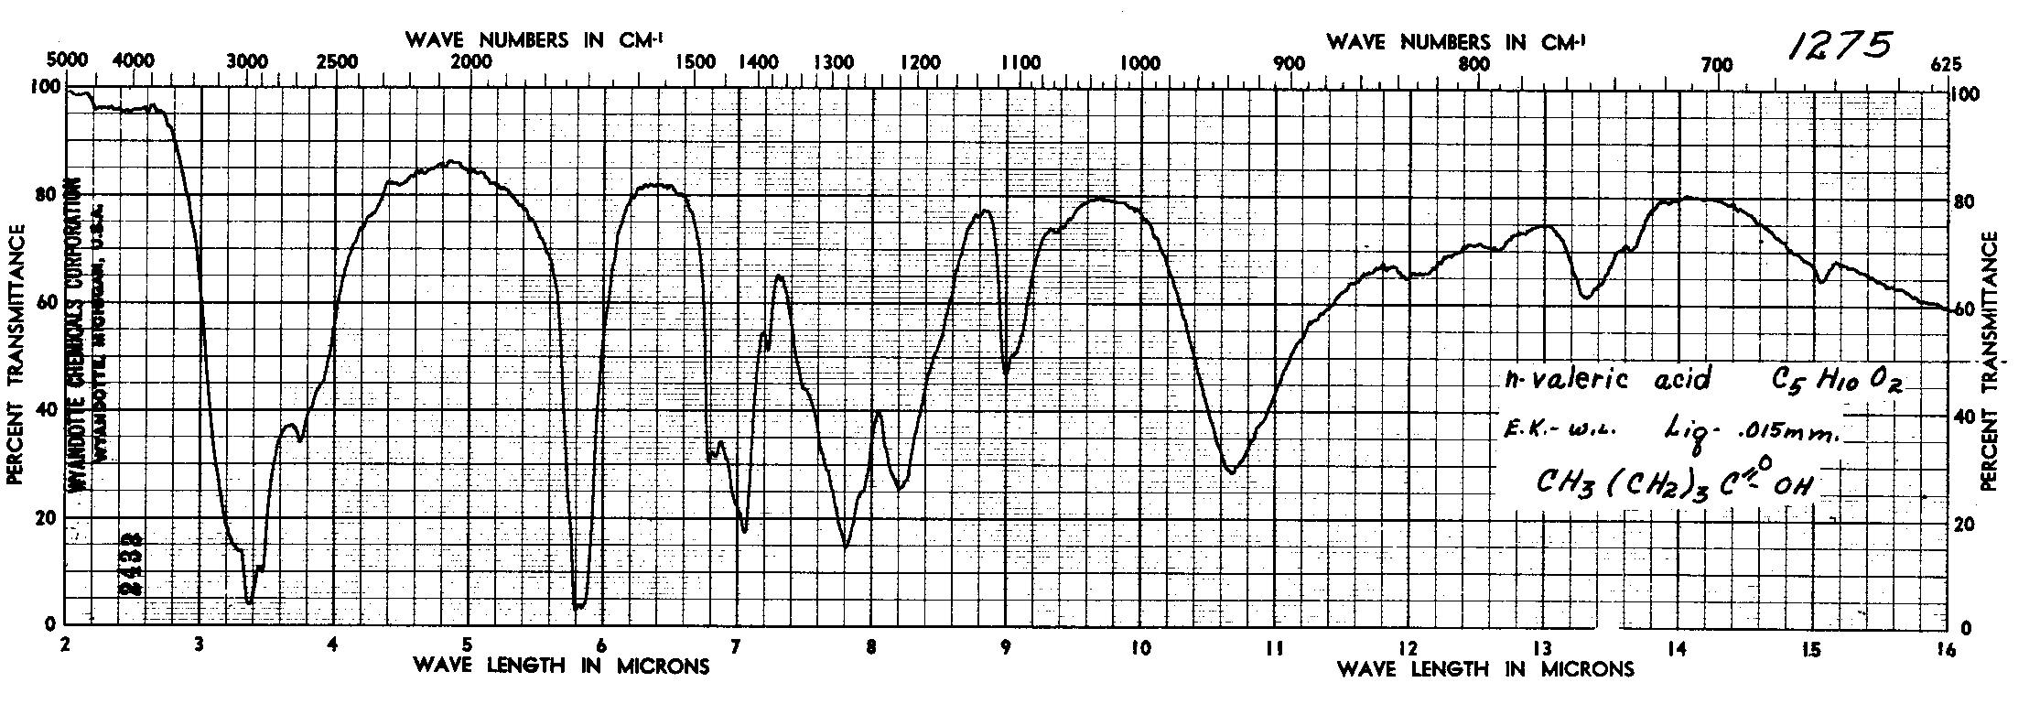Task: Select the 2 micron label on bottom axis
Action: [65, 643]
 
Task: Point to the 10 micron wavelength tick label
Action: [1139, 646]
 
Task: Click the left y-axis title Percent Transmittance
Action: [16, 357]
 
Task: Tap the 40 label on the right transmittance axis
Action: [1964, 417]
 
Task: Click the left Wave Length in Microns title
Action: [561, 666]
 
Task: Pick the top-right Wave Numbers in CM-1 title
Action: [1455, 41]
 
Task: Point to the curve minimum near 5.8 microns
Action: [577, 605]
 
